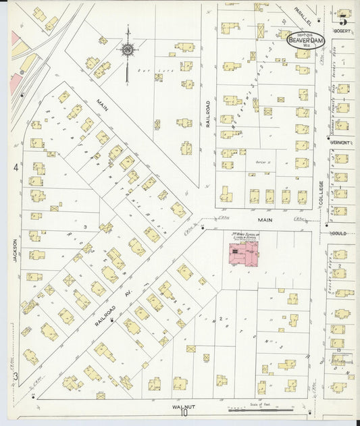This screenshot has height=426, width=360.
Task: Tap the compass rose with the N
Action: click(128, 49)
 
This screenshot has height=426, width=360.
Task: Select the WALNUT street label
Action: click(183, 406)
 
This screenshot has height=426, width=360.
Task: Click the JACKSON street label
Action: click(14, 249)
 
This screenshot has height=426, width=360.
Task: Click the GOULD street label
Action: click(339, 232)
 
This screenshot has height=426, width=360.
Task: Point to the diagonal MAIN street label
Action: click(103, 107)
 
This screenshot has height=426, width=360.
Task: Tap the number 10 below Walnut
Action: click(184, 415)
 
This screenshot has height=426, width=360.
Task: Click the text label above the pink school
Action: click(244, 236)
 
